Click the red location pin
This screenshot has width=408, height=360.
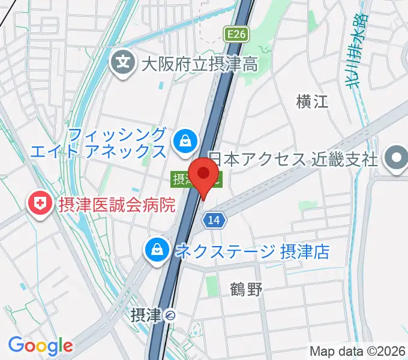204,174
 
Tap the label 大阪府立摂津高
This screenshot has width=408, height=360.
200,63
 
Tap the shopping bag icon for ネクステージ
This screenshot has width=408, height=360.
157,250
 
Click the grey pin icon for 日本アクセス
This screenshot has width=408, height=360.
395,159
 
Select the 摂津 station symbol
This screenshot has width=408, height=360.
171,314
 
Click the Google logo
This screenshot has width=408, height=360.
40,346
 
